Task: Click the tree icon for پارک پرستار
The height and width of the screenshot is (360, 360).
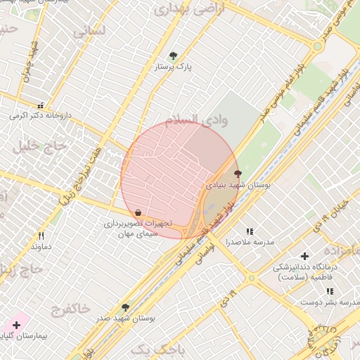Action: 173,56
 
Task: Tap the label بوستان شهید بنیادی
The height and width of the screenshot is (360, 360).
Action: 239,185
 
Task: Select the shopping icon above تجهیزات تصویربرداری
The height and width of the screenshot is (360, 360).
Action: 138,212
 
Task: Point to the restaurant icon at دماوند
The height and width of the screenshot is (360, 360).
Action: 41,236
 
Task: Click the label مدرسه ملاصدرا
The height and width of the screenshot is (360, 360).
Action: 248,242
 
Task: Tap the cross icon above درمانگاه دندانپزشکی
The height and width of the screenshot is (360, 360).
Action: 304,257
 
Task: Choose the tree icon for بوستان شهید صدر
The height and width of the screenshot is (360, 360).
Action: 125,307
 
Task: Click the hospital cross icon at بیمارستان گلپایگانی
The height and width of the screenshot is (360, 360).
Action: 16,325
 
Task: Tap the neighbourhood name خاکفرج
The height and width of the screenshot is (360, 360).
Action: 70,309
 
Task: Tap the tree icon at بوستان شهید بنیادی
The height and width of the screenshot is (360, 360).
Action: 237,173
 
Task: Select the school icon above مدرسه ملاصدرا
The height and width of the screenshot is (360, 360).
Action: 249,231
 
